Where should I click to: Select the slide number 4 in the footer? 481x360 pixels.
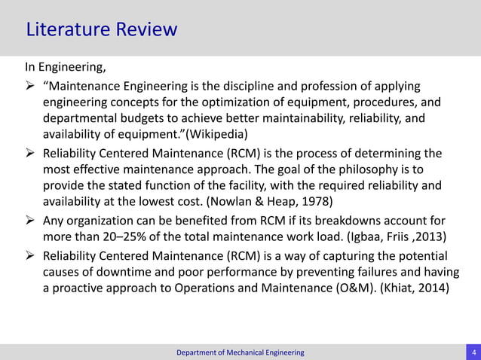pos(473,352)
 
